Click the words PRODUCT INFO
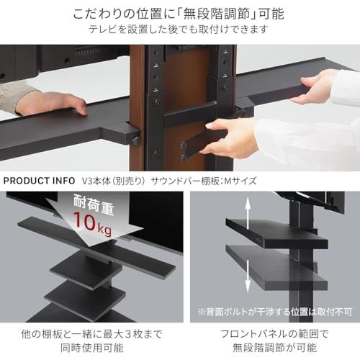coord(39,181)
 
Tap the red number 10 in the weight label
coord(84,221)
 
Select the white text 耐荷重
coord(94,204)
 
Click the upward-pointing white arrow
coord(248,211)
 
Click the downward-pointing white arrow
coord(248,276)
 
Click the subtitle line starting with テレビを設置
coord(179,30)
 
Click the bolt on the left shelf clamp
coord(136,140)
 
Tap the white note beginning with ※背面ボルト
coord(275,312)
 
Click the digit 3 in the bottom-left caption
coord(128,334)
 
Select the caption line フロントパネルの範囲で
coord(274,334)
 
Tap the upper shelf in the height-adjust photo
coord(276,233)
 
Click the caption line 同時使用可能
coord(92,348)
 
